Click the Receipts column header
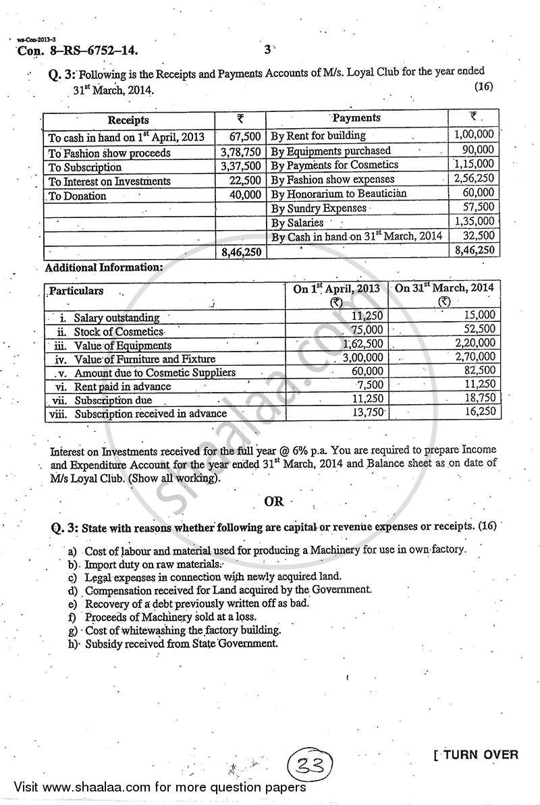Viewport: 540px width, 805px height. pyautogui.click(x=128, y=120)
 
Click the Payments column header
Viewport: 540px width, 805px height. pyautogui.click(x=356, y=118)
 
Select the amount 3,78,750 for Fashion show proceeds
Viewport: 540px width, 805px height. pyautogui.click(x=241, y=152)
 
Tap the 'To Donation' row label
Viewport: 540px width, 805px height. pyautogui.click(x=78, y=196)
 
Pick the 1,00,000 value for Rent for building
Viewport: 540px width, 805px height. pyautogui.click(x=475, y=135)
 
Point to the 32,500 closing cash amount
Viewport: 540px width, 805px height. pyautogui.click(x=479, y=235)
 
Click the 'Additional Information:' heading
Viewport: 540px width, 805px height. pyautogui.click(x=104, y=267)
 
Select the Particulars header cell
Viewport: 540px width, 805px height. pyautogui.click(x=76, y=291)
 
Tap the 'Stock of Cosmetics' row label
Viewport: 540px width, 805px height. pyautogui.click(x=119, y=331)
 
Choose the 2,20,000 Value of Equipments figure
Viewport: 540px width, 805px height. pyautogui.click(x=474, y=343)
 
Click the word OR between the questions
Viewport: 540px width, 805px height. pyautogui.click(x=274, y=501)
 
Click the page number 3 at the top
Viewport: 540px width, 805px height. pyautogui.click(x=267, y=49)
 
